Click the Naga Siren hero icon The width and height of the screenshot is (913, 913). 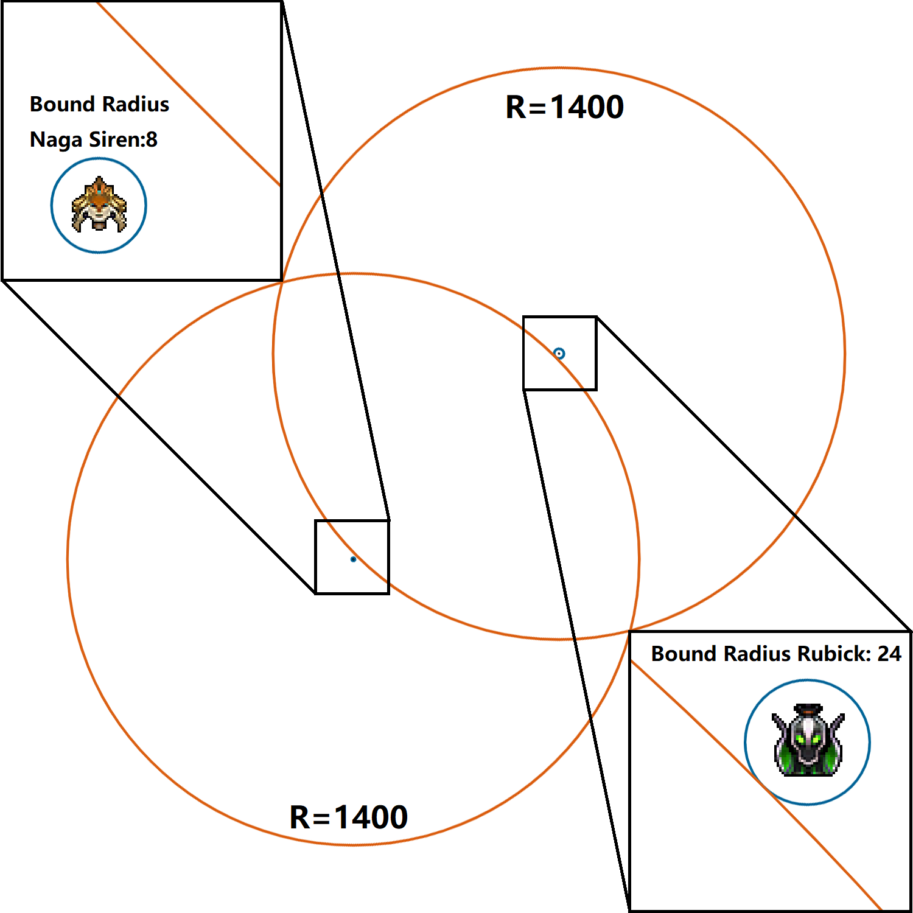tap(99, 205)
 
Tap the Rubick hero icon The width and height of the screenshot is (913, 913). tap(808, 741)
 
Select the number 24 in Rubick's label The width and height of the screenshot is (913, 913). tap(889, 654)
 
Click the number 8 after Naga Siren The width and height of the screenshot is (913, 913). tap(152, 139)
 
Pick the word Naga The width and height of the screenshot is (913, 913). tap(56, 140)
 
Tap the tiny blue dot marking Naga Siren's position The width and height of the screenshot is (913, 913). tap(353, 559)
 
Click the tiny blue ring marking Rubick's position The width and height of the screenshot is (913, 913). tap(559, 353)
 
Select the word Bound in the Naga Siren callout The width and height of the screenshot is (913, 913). tap(61, 104)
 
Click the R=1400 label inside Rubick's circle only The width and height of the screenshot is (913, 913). tap(564, 107)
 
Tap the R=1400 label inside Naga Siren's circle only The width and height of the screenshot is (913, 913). tap(348, 817)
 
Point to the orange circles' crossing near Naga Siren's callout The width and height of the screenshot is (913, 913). tap(282, 280)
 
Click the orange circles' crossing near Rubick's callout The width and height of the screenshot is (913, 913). tap(631, 629)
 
